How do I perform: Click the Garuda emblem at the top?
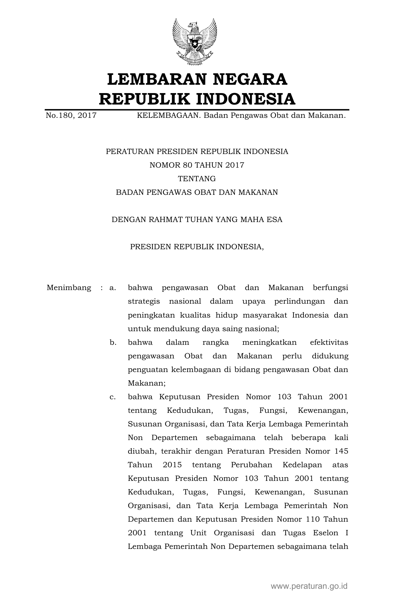[x=194, y=42]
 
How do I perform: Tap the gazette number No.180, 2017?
[x=71, y=116]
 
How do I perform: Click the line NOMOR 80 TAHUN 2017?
[x=197, y=165]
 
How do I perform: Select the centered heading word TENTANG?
[x=197, y=179]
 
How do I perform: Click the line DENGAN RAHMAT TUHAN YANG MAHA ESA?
[x=197, y=220]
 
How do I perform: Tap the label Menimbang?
[x=69, y=288]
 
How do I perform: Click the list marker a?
[x=113, y=288]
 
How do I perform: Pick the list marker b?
[x=113, y=342]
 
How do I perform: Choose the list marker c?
[x=113, y=397]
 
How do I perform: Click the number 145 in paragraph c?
[x=341, y=451]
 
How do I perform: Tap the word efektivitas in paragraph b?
[x=329, y=342]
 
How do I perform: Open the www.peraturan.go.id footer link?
[x=309, y=586]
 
